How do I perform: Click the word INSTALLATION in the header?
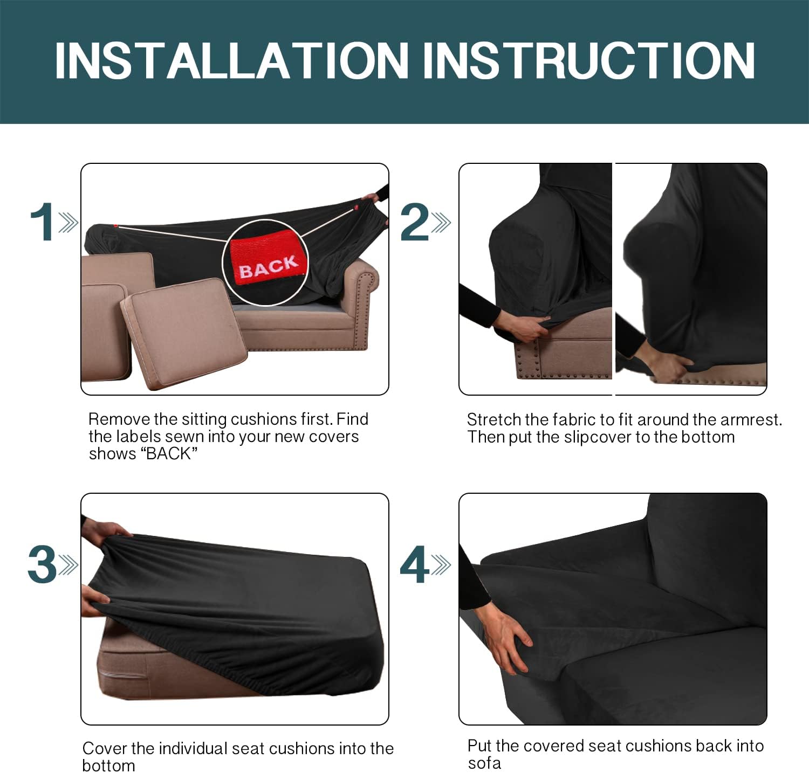click(x=231, y=60)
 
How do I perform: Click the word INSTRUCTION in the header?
click(x=588, y=60)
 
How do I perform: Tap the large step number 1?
click(x=42, y=222)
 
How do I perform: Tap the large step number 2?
click(x=415, y=222)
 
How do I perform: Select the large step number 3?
click(x=42, y=564)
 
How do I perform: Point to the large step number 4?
click(x=415, y=564)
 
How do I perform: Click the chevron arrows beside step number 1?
click(x=68, y=222)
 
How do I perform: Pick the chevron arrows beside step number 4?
click(x=441, y=565)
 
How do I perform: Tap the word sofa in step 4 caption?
click(x=484, y=763)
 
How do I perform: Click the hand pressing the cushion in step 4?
click(x=504, y=636)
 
